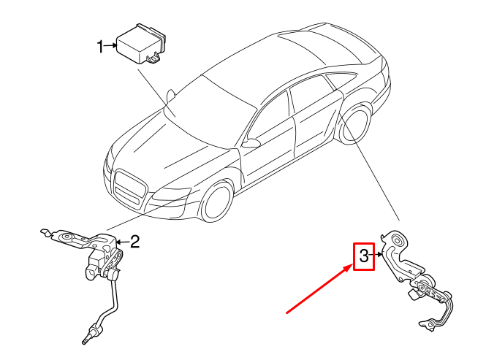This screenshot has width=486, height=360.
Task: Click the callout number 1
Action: tap(101, 47)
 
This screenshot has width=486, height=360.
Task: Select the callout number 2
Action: tap(134, 242)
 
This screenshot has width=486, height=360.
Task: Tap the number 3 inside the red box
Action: tap(364, 256)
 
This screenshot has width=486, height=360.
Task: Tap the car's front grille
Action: tap(129, 187)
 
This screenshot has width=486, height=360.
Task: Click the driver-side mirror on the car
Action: tap(251, 143)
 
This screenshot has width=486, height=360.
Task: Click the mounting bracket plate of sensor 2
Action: tap(73, 238)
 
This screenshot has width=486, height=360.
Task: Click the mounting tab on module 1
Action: tap(154, 58)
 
